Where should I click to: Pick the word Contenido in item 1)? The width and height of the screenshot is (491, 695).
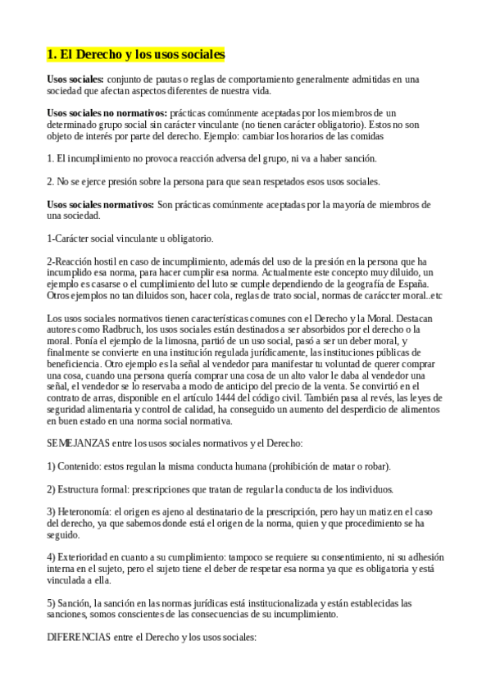click(x=83, y=466)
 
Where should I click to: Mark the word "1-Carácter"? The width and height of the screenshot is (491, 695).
click(x=71, y=238)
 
